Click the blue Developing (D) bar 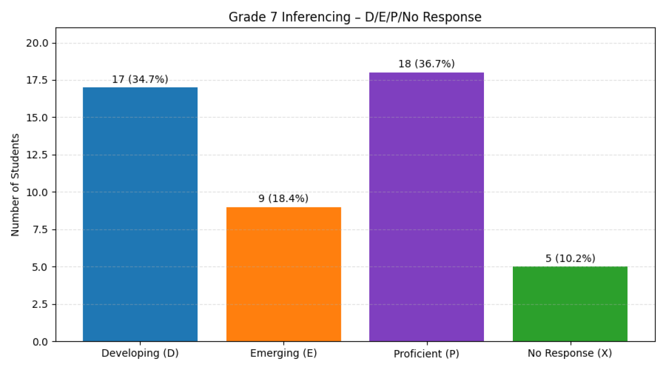pos(140,214)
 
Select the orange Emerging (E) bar pos(283,274)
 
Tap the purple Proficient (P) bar pos(426,207)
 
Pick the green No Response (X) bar pos(570,304)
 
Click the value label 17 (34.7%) pos(140,80)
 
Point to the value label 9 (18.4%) pos(283,199)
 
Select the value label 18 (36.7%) pos(426,64)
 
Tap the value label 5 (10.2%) pos(570,259)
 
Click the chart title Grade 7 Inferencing pos(355,17)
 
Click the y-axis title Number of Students pos(15,185)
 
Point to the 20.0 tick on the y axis pos(37,43)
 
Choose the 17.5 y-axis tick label pos(37,80)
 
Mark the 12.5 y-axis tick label pos(37,155)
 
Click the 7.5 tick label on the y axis pos(40,230)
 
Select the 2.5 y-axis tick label pos(40,304)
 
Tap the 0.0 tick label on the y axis pos(40,342)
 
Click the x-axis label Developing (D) pos(140,353)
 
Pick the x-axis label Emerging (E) pos(283,353)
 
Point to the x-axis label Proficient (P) pos(426,354)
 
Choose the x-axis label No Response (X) pos(570,353)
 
